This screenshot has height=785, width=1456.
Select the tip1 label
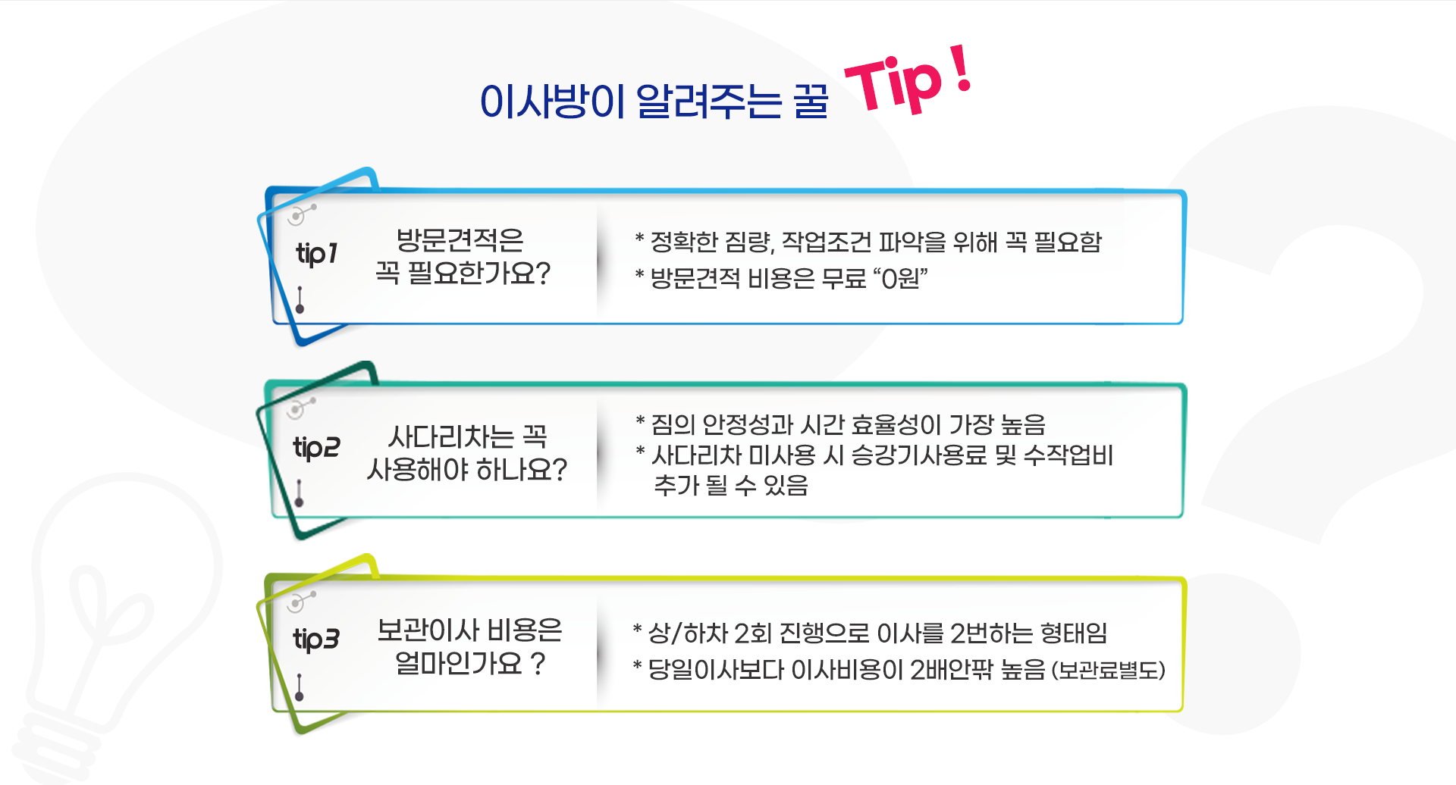[x=316, y=254]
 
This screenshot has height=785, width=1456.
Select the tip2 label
[x=316, y=448]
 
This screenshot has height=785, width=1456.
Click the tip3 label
[x=316, y=640]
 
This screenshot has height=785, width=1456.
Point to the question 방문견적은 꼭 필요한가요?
[x=463, y=257]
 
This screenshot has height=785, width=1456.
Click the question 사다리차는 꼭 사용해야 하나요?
[x=467, y=453]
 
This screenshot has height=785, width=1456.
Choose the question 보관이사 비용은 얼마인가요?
[x=469, y=647]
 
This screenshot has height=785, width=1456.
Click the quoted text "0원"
[x=901, y=279]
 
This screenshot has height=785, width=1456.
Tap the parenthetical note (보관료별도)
[x=1108, y=671]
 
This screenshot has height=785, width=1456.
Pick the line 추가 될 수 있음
[x=731, y=485]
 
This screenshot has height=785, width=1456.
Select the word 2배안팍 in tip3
[x=951, y=670]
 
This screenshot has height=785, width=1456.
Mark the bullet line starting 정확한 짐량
[x=868, y=242]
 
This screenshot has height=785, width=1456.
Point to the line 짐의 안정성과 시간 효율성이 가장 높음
[x=840, y=424]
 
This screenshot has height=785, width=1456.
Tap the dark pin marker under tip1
[x=300, y=300]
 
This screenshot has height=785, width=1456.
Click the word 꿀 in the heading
[x=811, y=102]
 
